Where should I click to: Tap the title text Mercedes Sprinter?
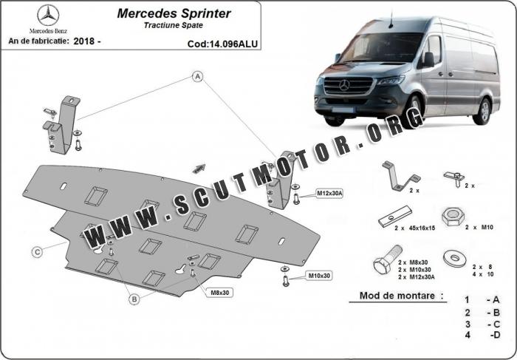[x=174, y=13]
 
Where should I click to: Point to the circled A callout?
[x=198, y=76]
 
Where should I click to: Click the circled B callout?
[x=134, y=299]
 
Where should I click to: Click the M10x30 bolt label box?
[x=318, y=276]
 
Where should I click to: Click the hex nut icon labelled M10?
[x=451, y=217]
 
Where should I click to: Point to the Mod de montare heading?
[x=402, y=296]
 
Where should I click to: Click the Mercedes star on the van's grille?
[x=344, y=86]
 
